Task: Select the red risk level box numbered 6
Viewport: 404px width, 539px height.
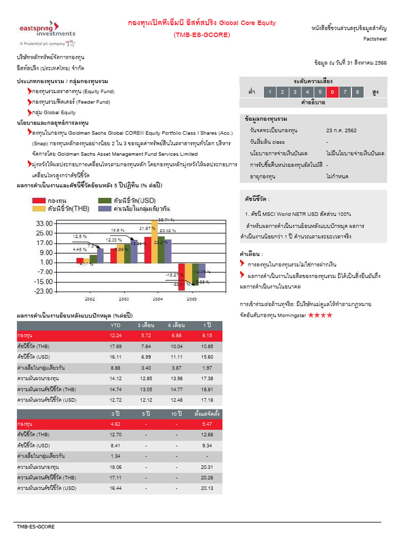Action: point(332,92)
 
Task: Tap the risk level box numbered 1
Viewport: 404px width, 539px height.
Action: point(269,92)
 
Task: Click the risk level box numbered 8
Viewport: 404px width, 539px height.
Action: point(357,92)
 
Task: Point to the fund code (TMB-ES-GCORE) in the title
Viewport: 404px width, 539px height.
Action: point(202,35)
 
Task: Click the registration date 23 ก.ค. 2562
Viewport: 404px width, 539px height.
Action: point(341,130)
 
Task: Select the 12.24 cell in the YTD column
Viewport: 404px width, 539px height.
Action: point(115,335)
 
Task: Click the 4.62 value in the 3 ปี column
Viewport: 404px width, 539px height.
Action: point(115,424)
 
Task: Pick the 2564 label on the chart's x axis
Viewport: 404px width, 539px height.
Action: point(158,298)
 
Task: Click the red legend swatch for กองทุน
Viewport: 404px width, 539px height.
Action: point(39,201)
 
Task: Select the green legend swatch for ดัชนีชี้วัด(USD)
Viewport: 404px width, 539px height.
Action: point(105,201)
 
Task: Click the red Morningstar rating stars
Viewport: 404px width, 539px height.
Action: point(320,315)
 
